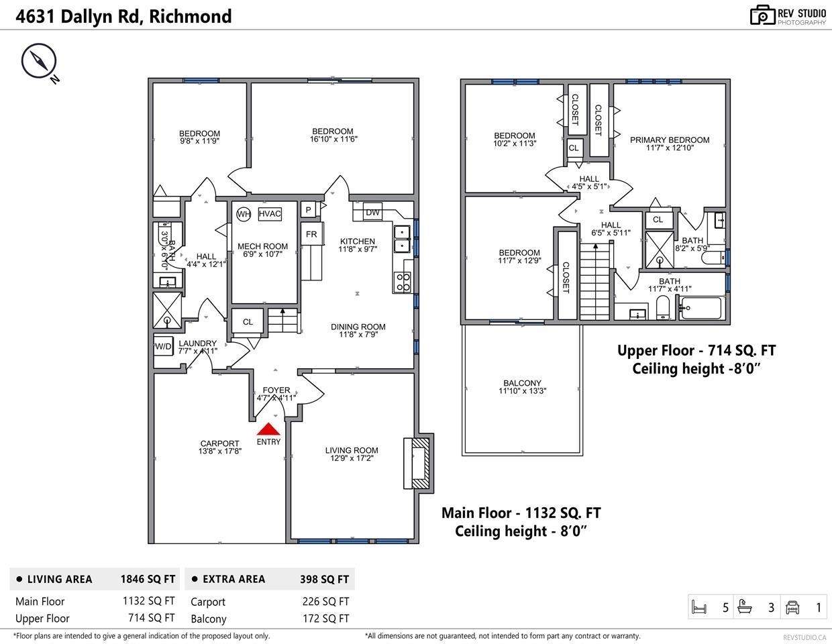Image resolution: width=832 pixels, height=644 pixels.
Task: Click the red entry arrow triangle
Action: point(268,429)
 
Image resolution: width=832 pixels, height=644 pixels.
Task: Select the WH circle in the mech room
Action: point(244,214)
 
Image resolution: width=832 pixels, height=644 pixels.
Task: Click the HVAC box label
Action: point(270,214)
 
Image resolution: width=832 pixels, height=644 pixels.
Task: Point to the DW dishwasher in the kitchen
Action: point(372,213)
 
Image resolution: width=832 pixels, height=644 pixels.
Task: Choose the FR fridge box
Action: point(311,234)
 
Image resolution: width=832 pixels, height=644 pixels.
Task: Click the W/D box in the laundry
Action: point(164,346)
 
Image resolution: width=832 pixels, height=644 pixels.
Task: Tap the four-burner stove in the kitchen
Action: point(403,282)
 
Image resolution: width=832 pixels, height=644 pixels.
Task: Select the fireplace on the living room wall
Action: point(419,464)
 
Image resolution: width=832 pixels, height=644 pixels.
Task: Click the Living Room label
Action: point(352,450)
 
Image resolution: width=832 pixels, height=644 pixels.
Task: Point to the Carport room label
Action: point(220,443)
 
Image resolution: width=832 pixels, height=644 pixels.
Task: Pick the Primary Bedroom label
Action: point(670,140)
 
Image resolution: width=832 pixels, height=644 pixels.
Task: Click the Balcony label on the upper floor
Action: point(522,383)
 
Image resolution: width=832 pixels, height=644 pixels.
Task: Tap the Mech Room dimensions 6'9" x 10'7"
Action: point(262,254)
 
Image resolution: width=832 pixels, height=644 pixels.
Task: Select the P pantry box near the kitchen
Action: point(308,210)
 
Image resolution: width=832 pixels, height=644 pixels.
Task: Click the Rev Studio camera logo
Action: point(762,15)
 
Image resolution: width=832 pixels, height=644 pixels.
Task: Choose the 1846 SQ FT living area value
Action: point(148,580)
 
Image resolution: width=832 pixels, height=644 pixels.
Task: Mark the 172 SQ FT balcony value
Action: point(326,619)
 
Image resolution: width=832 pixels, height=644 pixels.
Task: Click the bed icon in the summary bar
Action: point(699,607)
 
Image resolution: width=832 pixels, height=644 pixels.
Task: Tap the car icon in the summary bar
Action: point(792,607)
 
